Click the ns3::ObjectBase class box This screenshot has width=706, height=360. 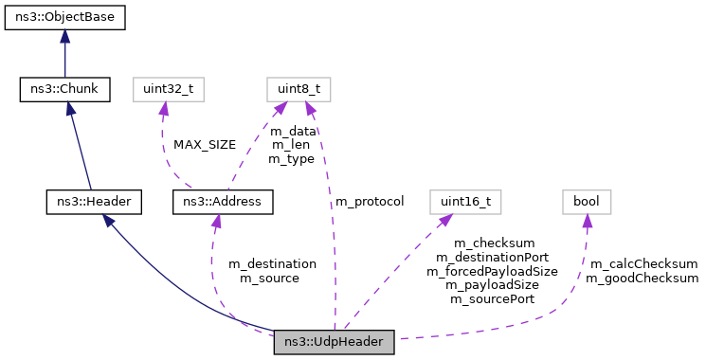[x=64, y=16]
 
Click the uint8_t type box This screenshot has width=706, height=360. [x=298, y=90]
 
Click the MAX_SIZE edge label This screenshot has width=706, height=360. [x=205, y=145]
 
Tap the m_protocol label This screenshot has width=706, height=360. [x=370, y=201]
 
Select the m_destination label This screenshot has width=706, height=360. [x=278, y=263]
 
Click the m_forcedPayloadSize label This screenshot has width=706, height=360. [x=492, y=270]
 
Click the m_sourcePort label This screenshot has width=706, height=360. [x=492, y=298]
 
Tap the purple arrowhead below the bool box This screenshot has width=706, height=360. [x=587, y=222]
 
